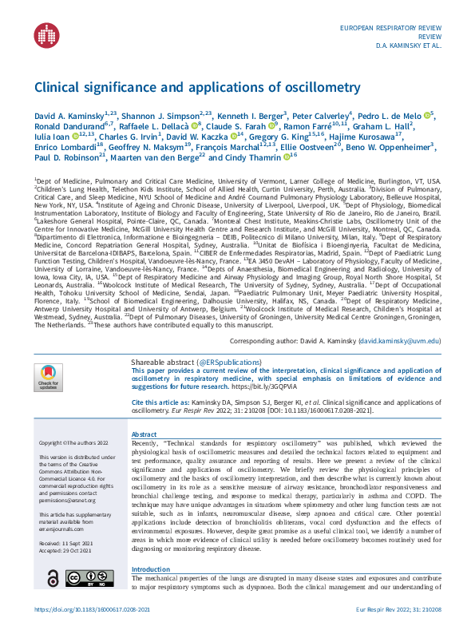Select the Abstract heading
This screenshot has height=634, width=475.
tap(144, 435)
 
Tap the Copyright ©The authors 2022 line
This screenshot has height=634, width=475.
tap(70, 442)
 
